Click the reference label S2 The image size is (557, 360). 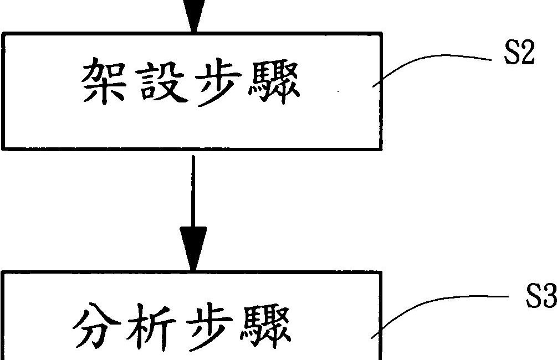pos(518,56)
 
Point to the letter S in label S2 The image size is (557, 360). pos(510,56)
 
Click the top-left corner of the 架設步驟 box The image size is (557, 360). pos(3,34)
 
